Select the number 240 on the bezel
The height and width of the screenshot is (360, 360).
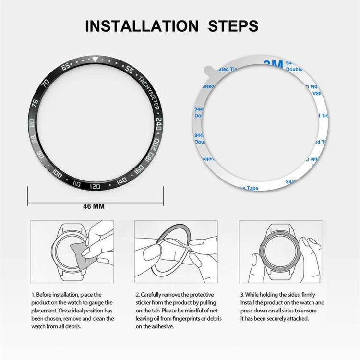point(159,123)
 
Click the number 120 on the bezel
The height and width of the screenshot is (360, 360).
point(95,186)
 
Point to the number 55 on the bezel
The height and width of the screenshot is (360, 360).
point(129,70)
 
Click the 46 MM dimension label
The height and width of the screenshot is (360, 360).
point(95,206)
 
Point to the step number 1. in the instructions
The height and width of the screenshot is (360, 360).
point(33,294)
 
